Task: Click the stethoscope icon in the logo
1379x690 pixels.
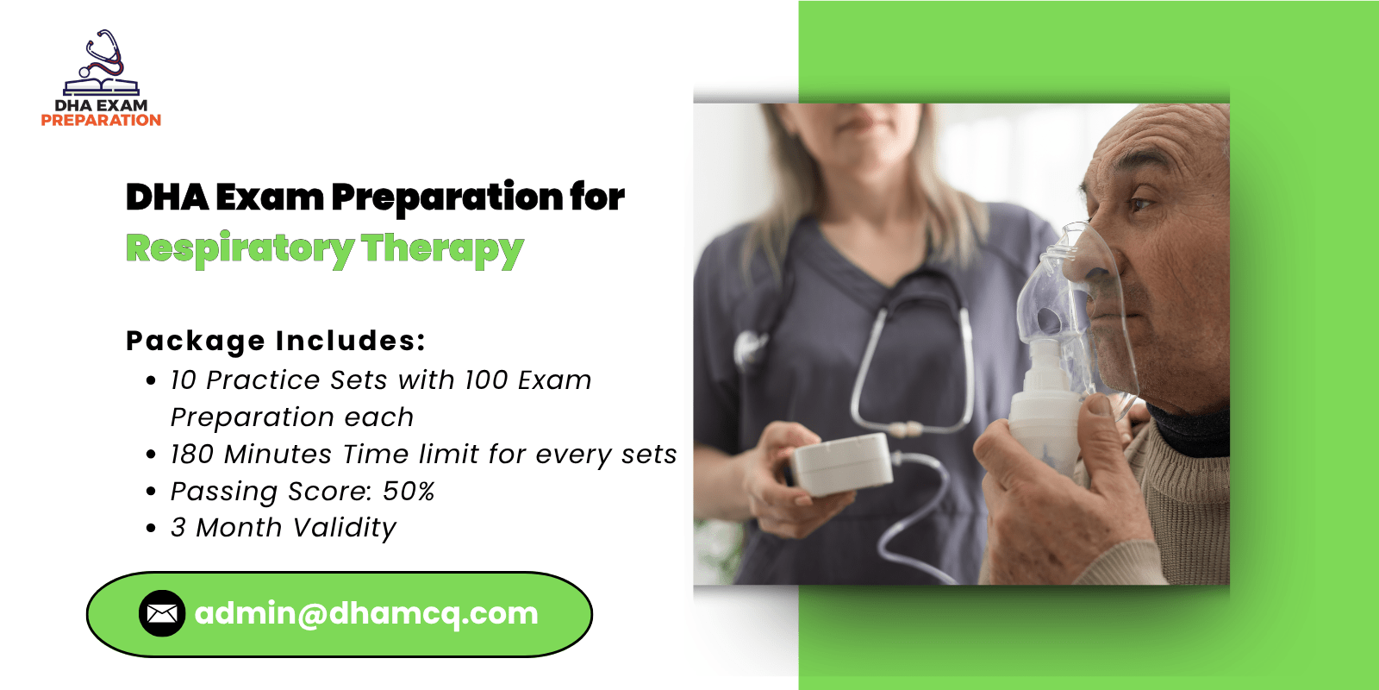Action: pos(104,54)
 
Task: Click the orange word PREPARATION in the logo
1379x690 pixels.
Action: pos(101,120)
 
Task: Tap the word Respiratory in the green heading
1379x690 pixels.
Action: pos(240,250)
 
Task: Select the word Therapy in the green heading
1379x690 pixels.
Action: pos(442,250)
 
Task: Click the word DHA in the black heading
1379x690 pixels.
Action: pos(167,198)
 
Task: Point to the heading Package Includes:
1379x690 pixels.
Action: pos(276,342)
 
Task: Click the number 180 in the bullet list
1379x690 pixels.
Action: pos(192,455)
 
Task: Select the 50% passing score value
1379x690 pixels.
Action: pos(409,492)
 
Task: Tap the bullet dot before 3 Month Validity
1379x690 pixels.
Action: pos(151,528)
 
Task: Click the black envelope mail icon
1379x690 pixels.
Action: pos(162,613)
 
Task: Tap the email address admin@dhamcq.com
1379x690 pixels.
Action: pos(366,613)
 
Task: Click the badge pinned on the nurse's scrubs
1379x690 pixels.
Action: pos(749,349)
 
